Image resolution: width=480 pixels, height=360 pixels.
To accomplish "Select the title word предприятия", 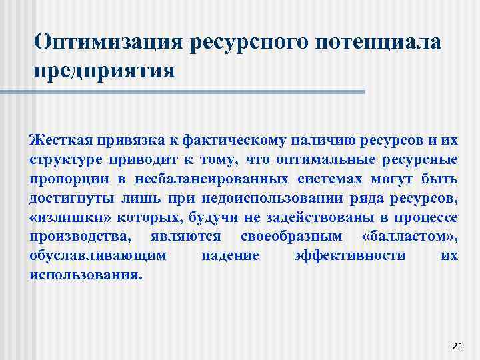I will coord(105,69).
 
